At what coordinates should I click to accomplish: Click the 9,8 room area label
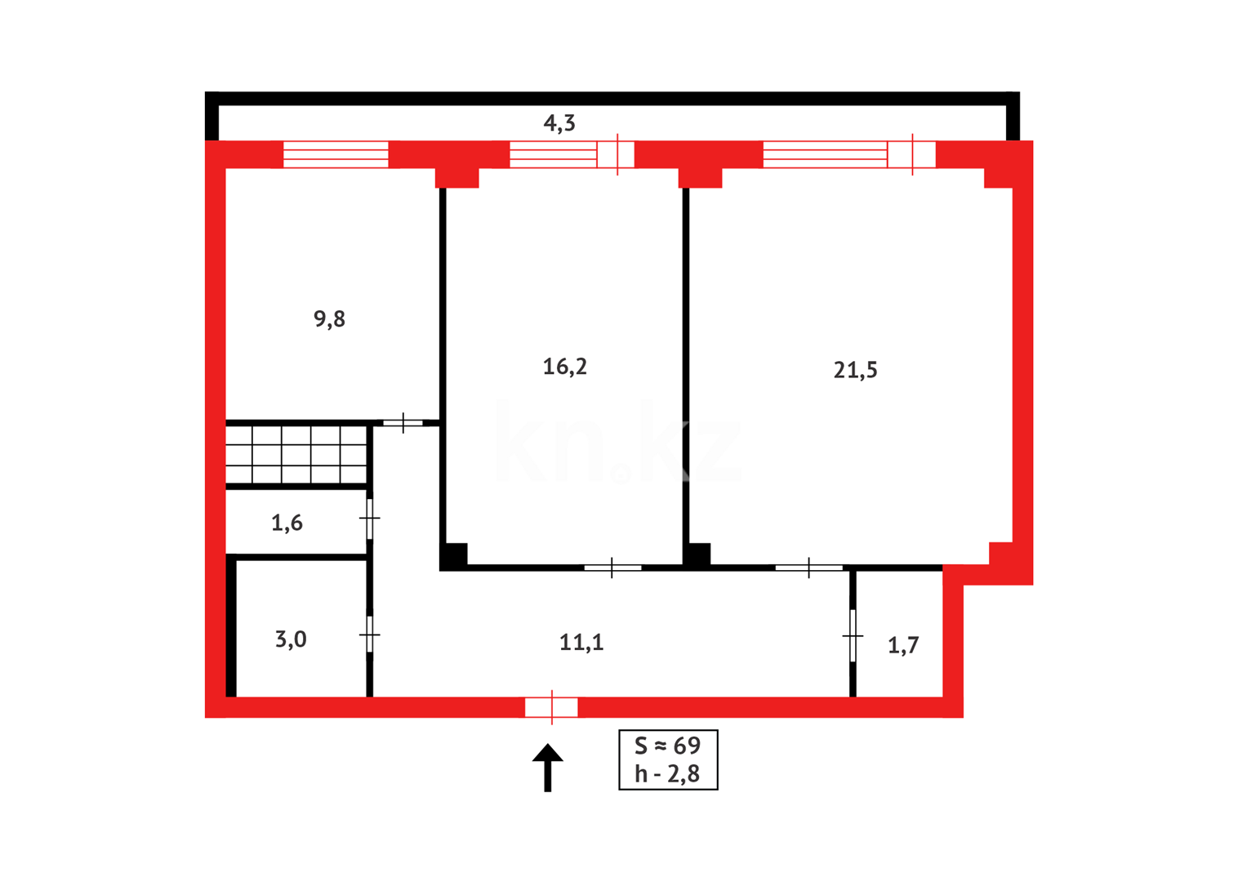[x=329, y=319]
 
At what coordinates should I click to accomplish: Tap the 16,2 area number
[x=564, y=367]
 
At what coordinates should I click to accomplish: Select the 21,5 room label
[x=855, y=370]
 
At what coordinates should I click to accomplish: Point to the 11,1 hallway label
[x=581, y=643]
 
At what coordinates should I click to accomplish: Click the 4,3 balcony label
[x=559, y=123]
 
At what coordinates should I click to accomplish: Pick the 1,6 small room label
[x=287, y=523]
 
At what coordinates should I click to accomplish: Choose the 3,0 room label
[x=291, y=639]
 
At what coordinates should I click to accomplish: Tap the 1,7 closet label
[x=903, y=646]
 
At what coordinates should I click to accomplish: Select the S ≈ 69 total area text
[x=668, y=746]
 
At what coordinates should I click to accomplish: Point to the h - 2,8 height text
[x=668, y=774]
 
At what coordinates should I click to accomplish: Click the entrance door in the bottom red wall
[x=551, y=707]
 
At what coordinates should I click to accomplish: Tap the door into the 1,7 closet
[x=853, y=635]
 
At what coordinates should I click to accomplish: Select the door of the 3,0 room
[x=370, y=634]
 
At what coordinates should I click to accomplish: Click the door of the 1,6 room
[x=370, y=519]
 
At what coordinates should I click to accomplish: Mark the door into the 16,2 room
[x=612, y=567]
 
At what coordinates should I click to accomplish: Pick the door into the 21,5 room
[x=808, y=567]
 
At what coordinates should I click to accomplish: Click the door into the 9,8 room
[x=403, y=423]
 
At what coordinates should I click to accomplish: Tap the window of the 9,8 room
[x=336, y=154]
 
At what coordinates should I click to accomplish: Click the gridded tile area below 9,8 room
[x=296, y=455]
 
